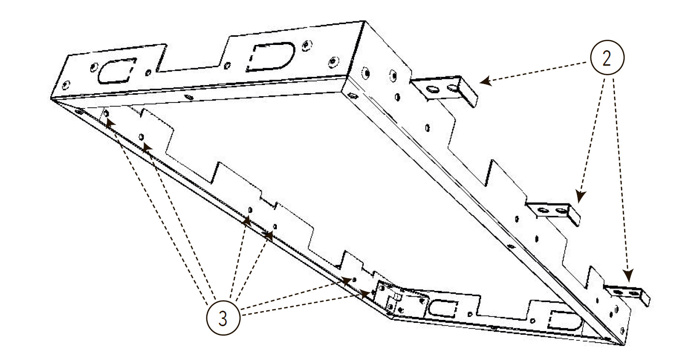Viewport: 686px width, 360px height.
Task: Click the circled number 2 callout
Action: [607, 58]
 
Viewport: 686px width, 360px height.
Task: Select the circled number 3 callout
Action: [223, 318]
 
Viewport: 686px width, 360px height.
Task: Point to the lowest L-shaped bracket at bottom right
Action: [628, 294]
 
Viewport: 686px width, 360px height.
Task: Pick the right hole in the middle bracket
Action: [562, 211]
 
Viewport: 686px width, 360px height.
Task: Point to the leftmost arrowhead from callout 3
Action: [110, 123]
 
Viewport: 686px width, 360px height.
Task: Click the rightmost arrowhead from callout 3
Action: [364, 294]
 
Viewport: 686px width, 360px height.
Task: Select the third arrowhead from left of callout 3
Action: [247, 221]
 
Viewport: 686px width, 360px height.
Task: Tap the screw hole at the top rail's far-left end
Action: [66, 85]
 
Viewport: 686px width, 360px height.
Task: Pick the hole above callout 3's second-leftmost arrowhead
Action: [141, 136]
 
